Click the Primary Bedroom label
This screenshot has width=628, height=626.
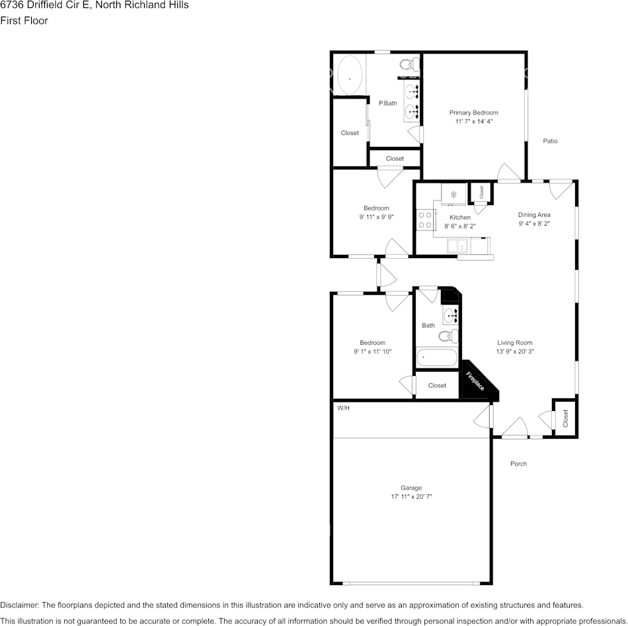pyautogui.click(x=473, y=112)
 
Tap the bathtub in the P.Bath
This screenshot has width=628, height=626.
pyautogui.click(x=350, y=77)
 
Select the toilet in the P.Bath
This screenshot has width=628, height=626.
pyautogui.click(x=410, y=65)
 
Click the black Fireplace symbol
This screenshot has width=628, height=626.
pyautogui.click(x=476, y=382)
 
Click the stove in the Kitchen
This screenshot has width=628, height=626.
pyautogui.click(x=424, y=220)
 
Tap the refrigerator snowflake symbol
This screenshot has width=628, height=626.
pyautogui.click(x=453, y=195)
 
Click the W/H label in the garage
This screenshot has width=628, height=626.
pyautogui.click(x=343, y=408)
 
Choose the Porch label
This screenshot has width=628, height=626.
pyautogui.click(x=518, y=464)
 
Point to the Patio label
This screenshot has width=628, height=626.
pyautogui.click(x=550, y=141)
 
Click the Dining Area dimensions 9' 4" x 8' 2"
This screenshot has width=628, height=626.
pyautogui.click(x=534, y=224)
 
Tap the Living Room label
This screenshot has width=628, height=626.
pyautogui.click(x=515, y=343)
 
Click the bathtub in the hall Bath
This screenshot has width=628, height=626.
pyautogui.click(x=436, y=358)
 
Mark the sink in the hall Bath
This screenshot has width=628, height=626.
pyautogui.click(x=451, y=314)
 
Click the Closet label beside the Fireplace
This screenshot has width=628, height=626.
pyautogui.click(x=437, y=386)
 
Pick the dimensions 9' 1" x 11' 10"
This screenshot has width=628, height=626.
pyautogui.click(x=372, y=352)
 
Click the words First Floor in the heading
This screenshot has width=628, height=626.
pyautogui.click(x=24, y=21)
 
